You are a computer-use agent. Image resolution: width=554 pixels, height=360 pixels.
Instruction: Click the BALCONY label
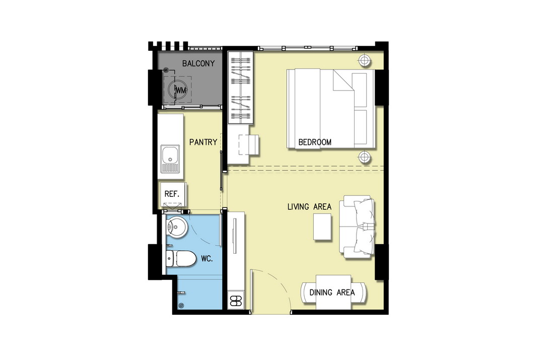click(198, 63)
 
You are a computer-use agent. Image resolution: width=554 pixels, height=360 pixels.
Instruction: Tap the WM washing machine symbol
click(177, 90)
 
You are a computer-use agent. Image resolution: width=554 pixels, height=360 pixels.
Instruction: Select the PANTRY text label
click(203, 142)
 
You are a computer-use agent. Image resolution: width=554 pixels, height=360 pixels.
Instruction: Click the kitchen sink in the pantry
click(170, 159)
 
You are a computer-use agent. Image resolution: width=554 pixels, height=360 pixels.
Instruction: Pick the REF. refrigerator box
click(173, 194)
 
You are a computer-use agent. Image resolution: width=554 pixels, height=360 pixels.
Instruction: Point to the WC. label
click(207, 259)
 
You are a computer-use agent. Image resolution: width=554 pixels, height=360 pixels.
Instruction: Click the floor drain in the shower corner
click(181, 306)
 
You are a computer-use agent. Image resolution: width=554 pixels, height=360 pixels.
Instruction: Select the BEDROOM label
click(315, 142)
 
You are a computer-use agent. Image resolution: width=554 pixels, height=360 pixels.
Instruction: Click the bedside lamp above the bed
click(364, 60)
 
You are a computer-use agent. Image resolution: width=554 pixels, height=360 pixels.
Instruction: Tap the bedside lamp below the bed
click(364, 157)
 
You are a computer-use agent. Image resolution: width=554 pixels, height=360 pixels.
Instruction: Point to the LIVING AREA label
click(310, 206)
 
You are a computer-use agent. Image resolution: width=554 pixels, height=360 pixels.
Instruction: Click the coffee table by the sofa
click(322, 227)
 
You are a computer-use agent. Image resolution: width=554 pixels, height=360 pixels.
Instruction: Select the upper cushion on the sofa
click(364, 212)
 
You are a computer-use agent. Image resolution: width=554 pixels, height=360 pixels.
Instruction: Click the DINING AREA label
click(332, 293)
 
